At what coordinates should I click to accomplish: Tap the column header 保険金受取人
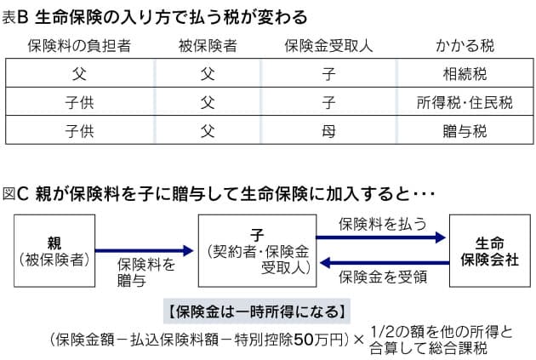tap(328, 46)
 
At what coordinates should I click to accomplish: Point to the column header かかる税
tap(465, 46)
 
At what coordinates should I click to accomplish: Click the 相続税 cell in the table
tap(465, 74)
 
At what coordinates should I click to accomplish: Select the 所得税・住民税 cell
tap(465, 103)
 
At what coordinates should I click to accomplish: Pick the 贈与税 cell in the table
tap(465, 131)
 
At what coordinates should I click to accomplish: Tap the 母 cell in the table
tap(328, 131)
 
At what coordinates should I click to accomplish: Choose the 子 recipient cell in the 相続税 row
tap(328, 74)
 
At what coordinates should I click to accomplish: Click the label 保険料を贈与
tap(146, 271)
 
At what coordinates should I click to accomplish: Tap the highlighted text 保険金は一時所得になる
tap(255, 309)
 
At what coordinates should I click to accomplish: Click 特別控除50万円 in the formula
tap(298, 339)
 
